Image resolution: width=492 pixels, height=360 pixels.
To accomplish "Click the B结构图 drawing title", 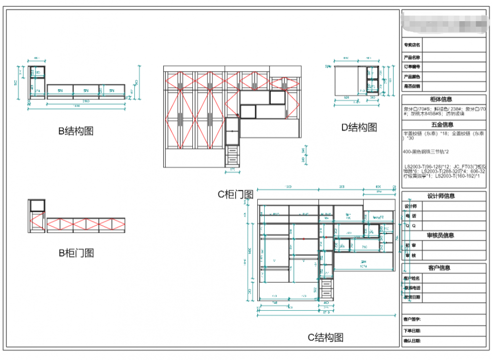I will pos(76,131).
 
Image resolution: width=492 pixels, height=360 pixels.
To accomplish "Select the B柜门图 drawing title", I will pos(76,253).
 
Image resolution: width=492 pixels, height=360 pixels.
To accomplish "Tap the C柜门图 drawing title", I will pos(235,194).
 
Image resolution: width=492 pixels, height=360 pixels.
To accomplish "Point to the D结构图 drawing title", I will pos(360,128).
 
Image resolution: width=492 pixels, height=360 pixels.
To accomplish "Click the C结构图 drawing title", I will pos(325,337).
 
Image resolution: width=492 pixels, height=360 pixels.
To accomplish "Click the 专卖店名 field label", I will pos(412,45).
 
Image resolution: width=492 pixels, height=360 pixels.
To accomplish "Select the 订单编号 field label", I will pos(412,66).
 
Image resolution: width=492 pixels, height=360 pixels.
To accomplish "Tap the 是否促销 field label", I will pos(412,86).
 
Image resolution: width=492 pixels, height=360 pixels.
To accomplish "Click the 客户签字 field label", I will pos(412,319).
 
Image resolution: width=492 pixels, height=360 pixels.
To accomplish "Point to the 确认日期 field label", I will pos(412,340).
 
